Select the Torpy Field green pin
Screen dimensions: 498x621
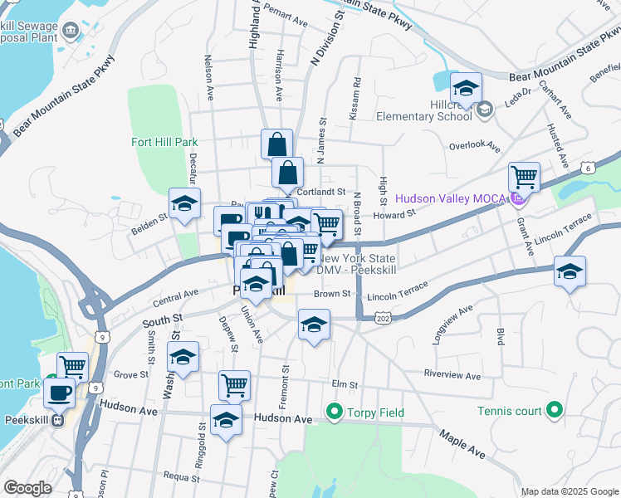(335, 410)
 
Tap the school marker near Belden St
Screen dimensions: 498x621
(184, 203)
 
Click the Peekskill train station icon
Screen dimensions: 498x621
(57, 419)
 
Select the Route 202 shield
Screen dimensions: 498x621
(383, 319)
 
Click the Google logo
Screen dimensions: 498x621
(27, 488)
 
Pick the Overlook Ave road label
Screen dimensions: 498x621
(474, 146)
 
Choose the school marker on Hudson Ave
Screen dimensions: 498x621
(226, 419)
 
